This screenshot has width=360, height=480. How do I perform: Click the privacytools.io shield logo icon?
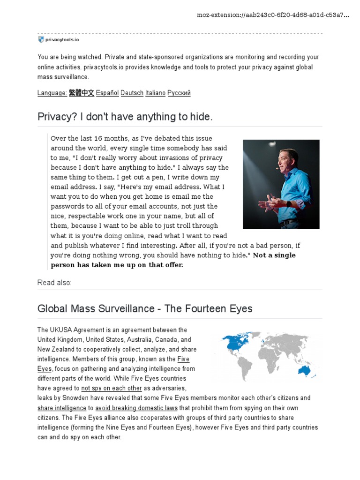pos(41,40)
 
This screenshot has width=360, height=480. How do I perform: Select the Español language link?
pos(107,93)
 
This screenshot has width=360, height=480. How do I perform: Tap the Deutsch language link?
pos(132,93)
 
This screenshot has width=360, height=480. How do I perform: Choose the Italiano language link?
pos(155,93)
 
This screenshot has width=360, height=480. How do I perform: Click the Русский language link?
pos(179,93)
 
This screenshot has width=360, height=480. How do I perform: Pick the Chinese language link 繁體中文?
pos(82,93)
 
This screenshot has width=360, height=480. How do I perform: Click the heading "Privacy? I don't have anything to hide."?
pos(125,117)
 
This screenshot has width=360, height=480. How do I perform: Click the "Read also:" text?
pos(55,283)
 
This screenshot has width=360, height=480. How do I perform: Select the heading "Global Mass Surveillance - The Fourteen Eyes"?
pos(145,308)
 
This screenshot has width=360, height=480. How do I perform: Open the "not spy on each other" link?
pos(112,388)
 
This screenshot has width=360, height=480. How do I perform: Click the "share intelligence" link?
pos(62,408)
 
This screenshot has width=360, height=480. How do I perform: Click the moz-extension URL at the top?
pos(273,15)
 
